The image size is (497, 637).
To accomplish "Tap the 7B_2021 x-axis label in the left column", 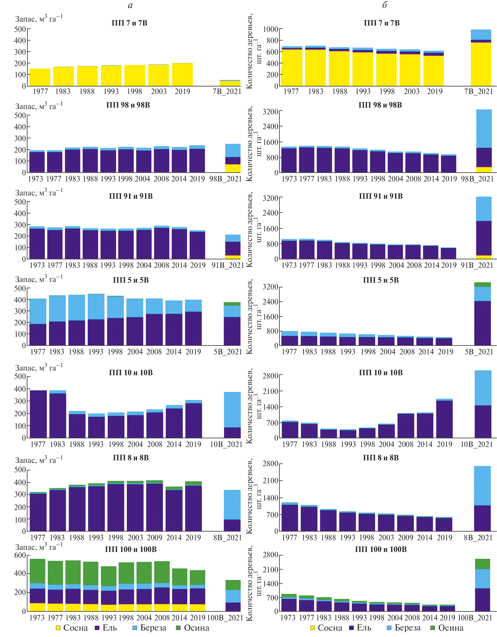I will (227, 92).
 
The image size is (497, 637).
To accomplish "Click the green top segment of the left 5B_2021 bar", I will (232, 304).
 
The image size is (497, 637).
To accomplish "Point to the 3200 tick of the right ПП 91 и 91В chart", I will (270, 198).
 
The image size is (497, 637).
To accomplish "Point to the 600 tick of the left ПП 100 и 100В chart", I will (20, 555).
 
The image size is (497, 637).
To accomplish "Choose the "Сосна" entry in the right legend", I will (326, 628).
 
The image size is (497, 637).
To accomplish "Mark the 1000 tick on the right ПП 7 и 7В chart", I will (271, 29).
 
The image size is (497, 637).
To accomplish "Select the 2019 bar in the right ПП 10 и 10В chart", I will (444, 419).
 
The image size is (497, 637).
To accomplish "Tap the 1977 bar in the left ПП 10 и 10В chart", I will (38, 414).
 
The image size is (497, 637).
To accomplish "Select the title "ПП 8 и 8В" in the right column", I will (380, 458).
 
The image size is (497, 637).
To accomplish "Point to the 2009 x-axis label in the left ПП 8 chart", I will (155, 538).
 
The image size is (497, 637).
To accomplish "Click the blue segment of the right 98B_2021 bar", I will (484, 129).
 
